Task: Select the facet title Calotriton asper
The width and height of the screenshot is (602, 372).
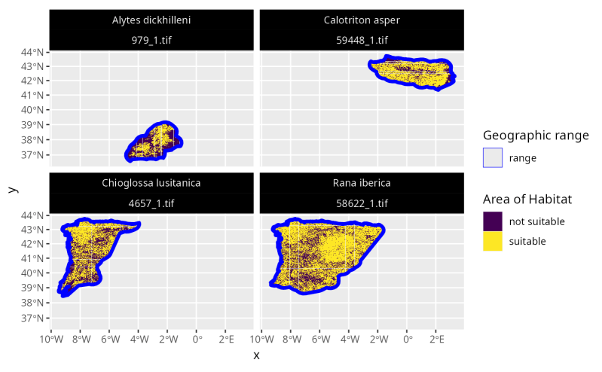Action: click(362, 20)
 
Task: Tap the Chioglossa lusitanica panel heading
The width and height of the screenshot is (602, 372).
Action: click(151, 183)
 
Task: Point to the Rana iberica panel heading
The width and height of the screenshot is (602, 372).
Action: click(362, 183)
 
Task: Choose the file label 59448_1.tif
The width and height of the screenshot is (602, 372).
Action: click(362, 40)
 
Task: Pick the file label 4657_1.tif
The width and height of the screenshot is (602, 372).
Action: click(151, 203)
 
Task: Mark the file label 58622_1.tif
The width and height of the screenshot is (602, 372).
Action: click(362, 203)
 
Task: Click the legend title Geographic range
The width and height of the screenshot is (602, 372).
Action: click(536, 136)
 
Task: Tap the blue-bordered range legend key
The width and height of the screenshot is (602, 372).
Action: click(493, 158)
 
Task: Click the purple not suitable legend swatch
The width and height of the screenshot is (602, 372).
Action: click(493, 221)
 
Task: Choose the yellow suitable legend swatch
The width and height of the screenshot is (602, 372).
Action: click(493, 241)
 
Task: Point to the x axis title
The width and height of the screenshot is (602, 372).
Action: click(257, 355)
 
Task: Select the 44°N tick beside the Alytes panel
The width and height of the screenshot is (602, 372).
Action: click(35, 53)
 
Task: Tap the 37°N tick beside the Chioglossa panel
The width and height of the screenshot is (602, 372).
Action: click(35, 318)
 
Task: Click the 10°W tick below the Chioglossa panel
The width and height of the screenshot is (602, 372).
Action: click(51, 339)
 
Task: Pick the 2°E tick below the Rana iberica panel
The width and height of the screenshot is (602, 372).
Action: click(436, 339)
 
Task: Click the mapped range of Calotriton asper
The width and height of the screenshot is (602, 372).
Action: click(411, 72)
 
